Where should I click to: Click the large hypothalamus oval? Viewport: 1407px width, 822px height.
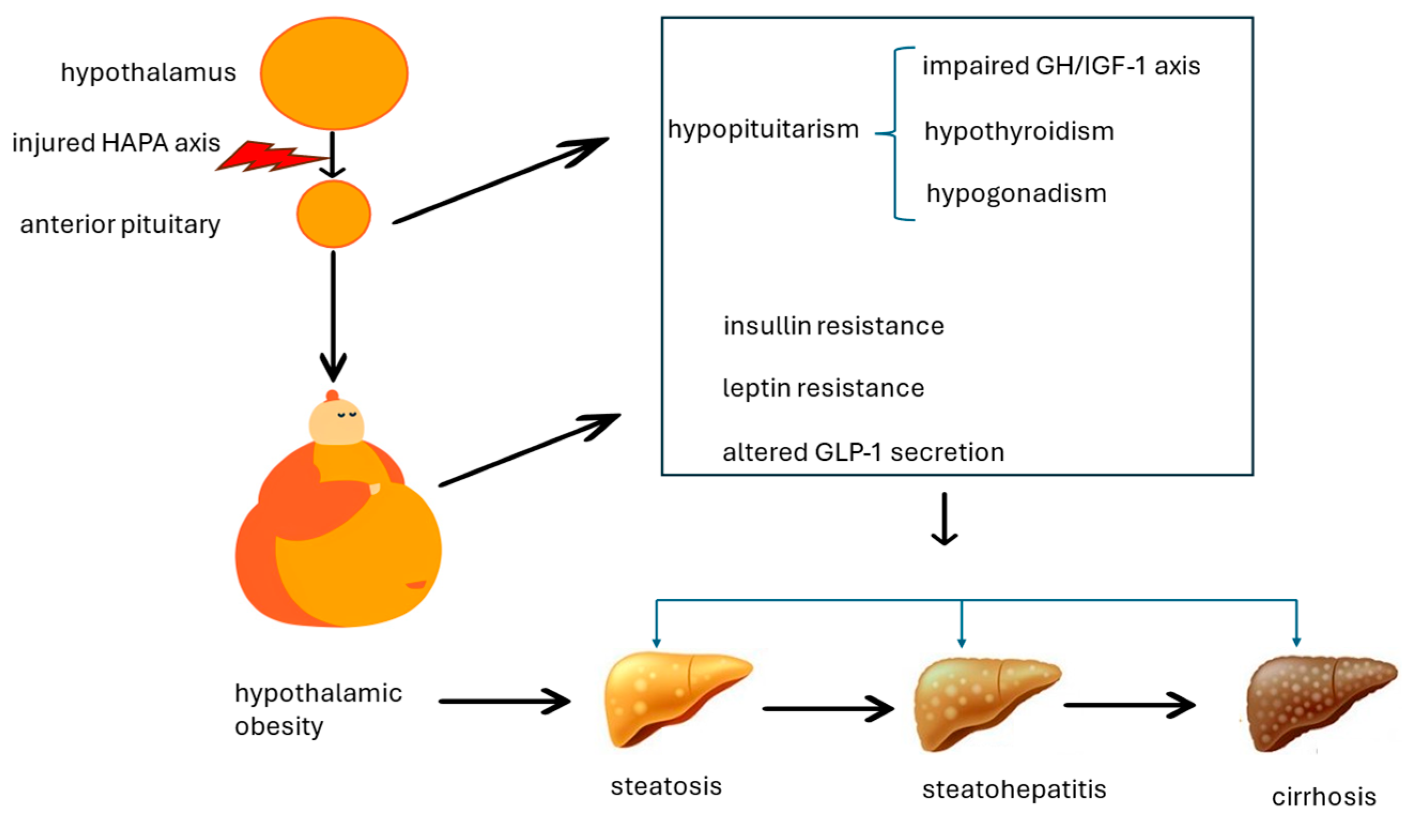(334, 73)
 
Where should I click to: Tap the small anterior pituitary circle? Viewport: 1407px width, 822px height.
(334, 214)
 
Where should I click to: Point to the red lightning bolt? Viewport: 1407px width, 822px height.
(268, 157)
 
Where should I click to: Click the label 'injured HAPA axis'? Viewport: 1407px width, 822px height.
(116, 143)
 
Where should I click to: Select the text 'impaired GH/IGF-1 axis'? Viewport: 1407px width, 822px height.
(1061, 66)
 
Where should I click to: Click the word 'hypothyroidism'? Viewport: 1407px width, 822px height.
(1019, 132)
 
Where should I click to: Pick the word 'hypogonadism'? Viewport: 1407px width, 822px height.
(1016, 194)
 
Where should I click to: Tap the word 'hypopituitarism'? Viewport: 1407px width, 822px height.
(763, 130)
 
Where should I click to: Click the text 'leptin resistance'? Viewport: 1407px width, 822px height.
(823, 388)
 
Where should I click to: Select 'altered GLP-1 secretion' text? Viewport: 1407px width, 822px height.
(863, 452)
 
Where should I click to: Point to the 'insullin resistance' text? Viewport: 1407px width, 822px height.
(833, 326)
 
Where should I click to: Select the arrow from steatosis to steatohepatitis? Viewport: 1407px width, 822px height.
(828, 709)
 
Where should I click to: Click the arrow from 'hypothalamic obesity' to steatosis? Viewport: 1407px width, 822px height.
(504, 701)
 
